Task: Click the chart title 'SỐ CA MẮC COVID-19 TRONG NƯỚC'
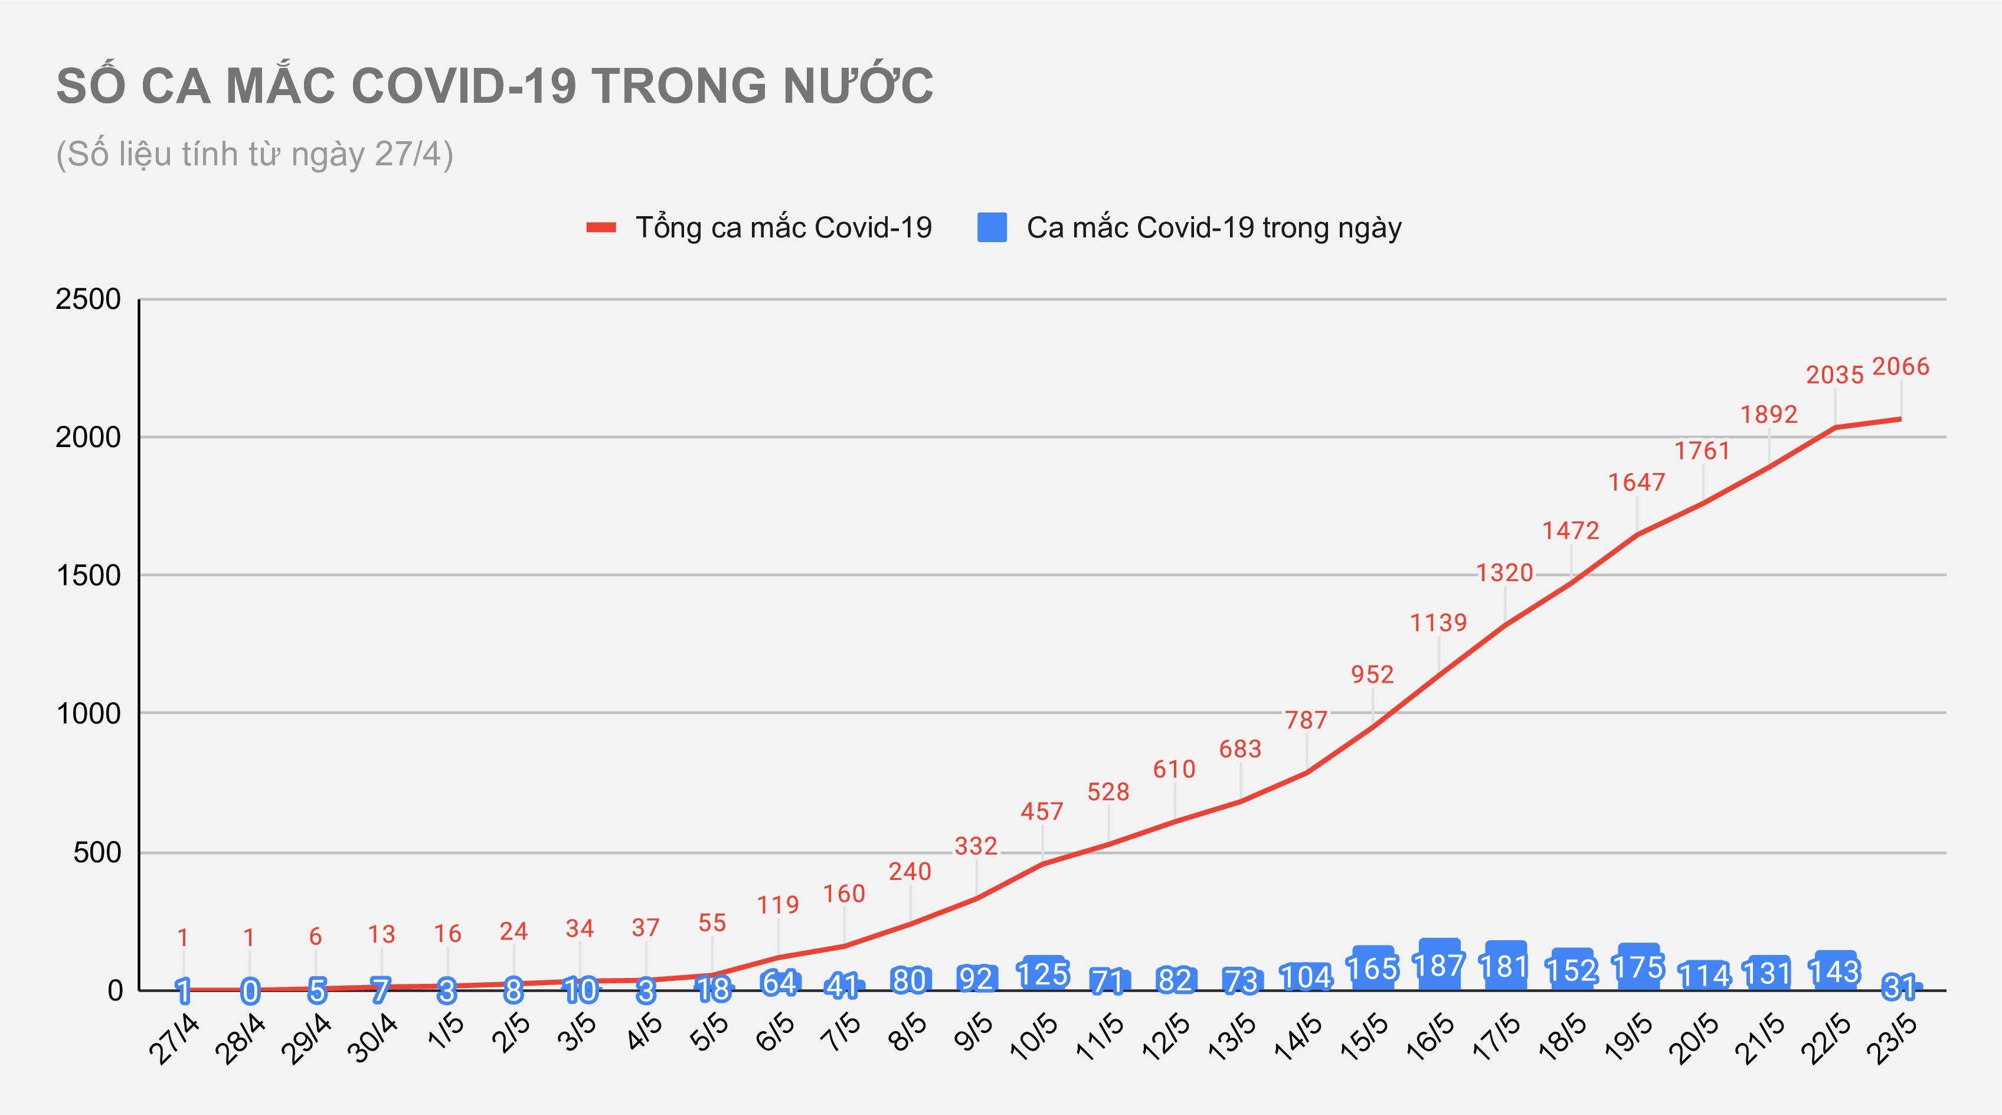[x=494, y=86]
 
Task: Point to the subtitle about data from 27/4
[x=254, y=154]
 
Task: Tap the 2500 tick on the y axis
[x=88, y=299]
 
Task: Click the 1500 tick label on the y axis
[x=88, y=575]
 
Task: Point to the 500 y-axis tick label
[x=97, y=852]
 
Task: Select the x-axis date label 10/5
[x=1033, y=1037]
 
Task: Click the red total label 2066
[x=1900, y=366]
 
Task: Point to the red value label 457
[x=1041, y=812]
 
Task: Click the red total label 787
[x=1306, y=720]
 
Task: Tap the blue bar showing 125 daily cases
[x=1043, y=973]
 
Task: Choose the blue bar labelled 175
[x=1637, y=967]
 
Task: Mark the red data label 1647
[x=1637, y=482]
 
